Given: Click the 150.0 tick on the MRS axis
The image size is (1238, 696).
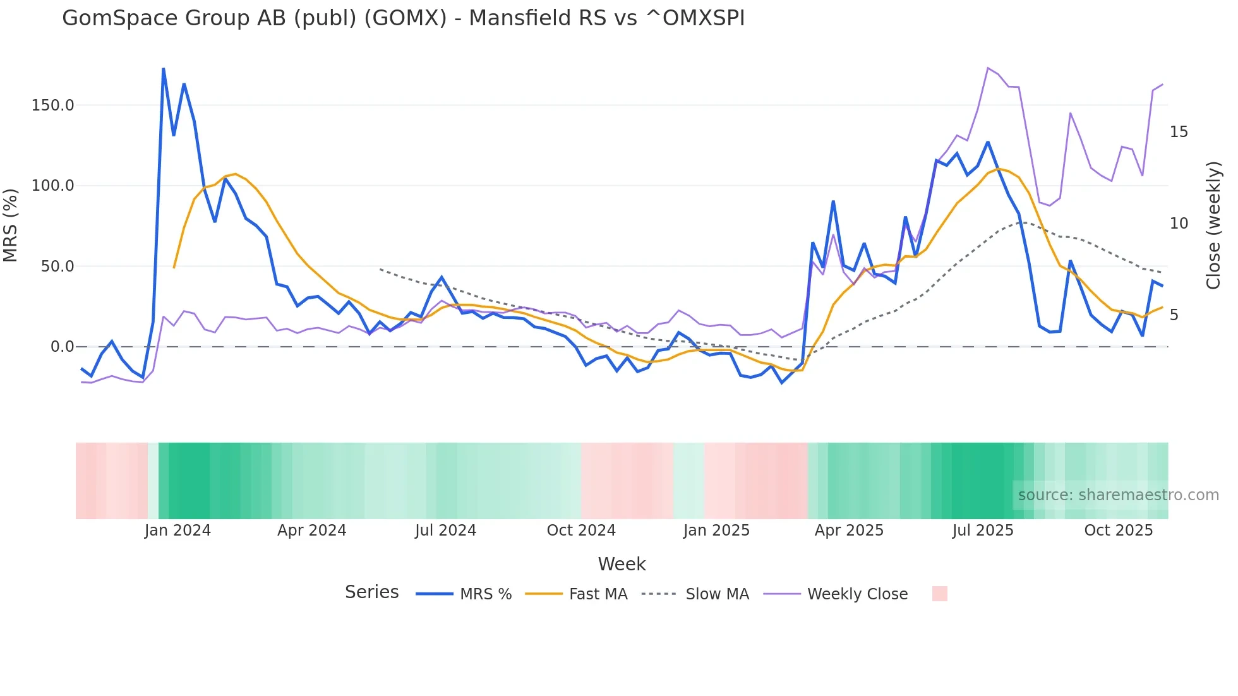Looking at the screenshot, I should pyautogui.click(x=52, y=105).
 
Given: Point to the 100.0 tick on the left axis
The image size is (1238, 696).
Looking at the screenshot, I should pyautogui.click(x=52, y=186).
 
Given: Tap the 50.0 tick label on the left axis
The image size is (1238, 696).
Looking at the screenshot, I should pyautogui.click(x=57, y=267).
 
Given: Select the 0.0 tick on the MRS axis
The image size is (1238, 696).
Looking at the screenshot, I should pyautogui.click(x=62, y=347).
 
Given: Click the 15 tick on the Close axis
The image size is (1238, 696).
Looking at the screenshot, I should pyautogui.click(x=1179, y=132).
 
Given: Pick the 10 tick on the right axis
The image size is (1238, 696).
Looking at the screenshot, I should pyautogui.click(x=1179, y=224).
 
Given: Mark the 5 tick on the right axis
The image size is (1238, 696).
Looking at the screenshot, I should pyautogui.click(x=1174, y=315).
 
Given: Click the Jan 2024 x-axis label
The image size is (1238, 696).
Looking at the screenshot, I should pyautogui.click(x=177, y=531).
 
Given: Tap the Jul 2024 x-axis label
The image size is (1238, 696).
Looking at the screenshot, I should pyautogui.click(x=445, y=531).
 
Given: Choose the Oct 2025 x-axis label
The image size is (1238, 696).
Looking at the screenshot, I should pyautogui.click(x=1118, y=531).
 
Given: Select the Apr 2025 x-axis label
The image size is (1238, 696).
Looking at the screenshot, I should pyautogui.click(x=849, y=531).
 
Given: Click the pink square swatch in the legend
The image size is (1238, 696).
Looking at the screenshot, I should pyautogui.click(x=939, y=594).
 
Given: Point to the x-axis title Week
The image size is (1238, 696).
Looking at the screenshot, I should pyautogui.click(x=622, y=564).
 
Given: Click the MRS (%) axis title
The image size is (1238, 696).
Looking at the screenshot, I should pyautogui.click(x=11, y=225).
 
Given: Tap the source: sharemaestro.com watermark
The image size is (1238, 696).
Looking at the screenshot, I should pyautogui.click(x=1118, y=495).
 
